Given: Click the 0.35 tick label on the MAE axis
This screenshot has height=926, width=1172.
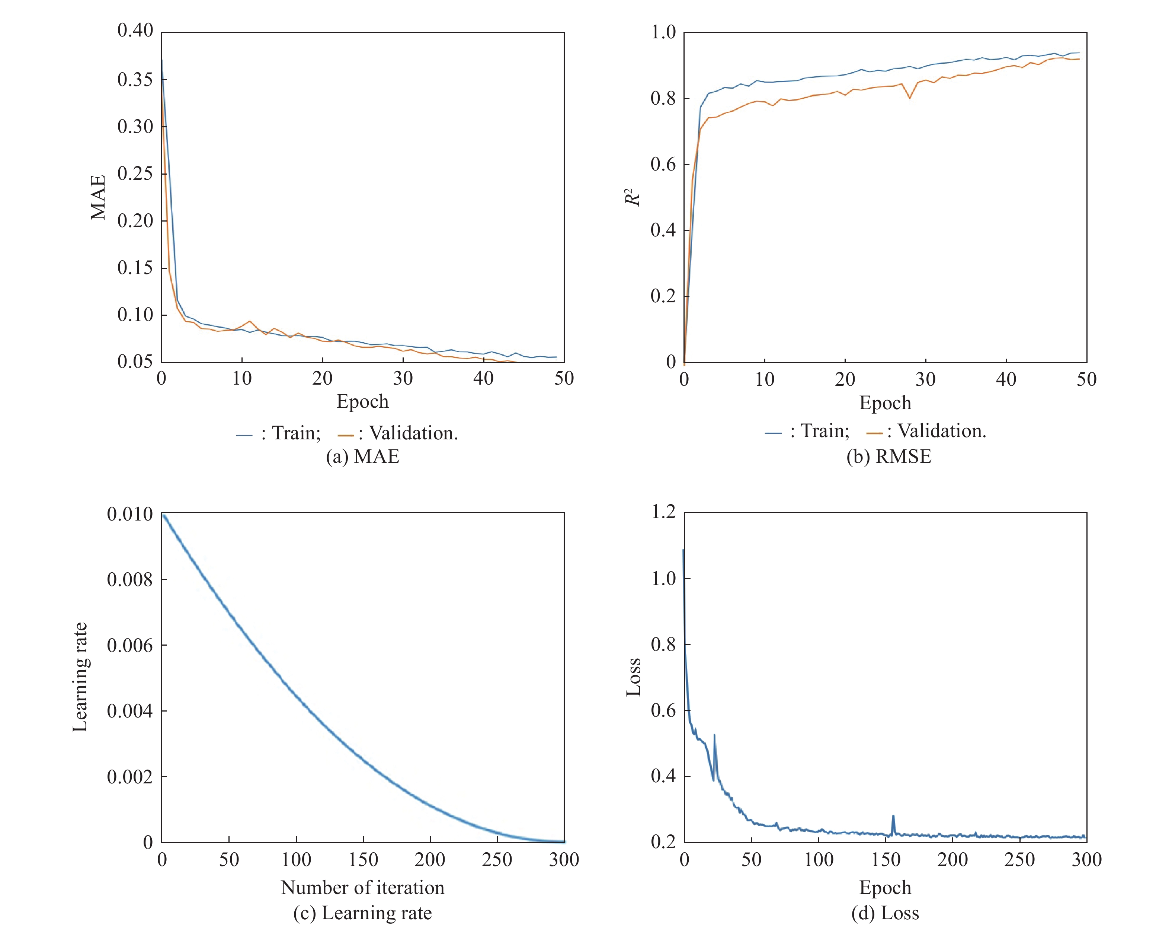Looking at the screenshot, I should click(x=135, y=79).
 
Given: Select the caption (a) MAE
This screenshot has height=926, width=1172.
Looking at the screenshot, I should click(x=362, y=456).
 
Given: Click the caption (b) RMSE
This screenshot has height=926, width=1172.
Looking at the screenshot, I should click(x=888, y=456).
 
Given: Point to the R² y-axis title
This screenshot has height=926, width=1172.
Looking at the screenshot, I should click(x=633, y=197).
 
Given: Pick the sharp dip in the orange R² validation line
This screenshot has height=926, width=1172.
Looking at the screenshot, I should click(x=910, y=98).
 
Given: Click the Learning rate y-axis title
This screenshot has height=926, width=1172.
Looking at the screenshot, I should click(x=80, y=677).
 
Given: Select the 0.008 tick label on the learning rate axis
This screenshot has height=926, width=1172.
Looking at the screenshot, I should click(x=129, y=580).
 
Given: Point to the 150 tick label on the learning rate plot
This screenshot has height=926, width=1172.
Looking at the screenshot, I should click(x=363, y=860).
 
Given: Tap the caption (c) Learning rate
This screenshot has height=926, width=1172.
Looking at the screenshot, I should click(x=362, y=913).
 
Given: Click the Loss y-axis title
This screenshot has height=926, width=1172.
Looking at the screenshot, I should click(x=633, y=677).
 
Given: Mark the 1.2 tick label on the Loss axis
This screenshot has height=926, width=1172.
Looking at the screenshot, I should click(x=663, y=512).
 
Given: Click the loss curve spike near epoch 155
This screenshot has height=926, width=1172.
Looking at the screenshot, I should click(x=893, y=818).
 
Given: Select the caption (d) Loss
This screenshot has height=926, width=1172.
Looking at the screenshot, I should click(x=886, y=913).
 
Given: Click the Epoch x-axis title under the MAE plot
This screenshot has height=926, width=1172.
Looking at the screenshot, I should click(x=362, y=401).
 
